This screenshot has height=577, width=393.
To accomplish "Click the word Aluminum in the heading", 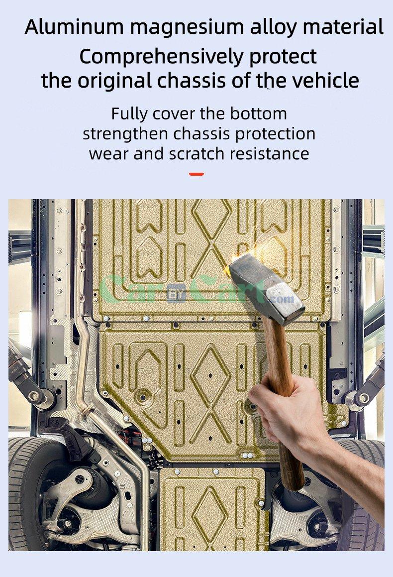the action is tap(74, 27).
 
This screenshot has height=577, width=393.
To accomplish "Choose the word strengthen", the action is tap(125, 134).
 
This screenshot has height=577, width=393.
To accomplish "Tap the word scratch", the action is tap(196, 153).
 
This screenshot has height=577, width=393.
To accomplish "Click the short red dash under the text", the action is tap(196, 174).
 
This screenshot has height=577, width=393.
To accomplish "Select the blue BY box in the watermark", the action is tap(177, 293).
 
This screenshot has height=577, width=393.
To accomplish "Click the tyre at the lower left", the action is tap(24, 493).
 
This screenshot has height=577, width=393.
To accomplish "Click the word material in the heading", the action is tap(343, 27).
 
